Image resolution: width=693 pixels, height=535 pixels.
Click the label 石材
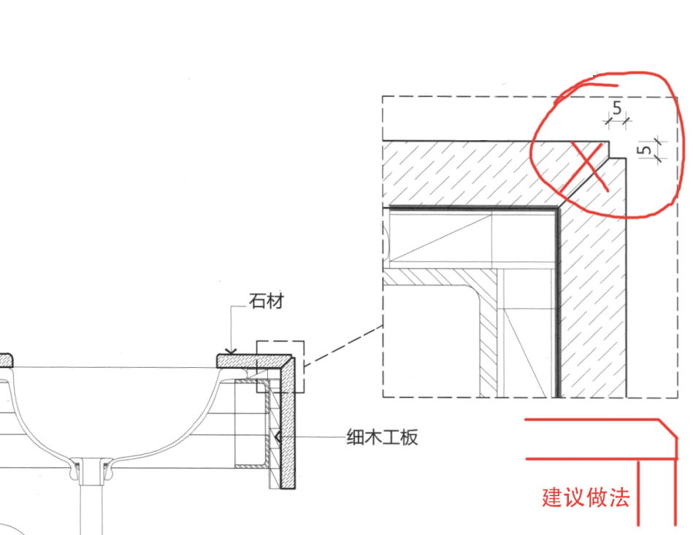(x=266, y=301)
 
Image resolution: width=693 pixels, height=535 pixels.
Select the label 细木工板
(x=381, y=437)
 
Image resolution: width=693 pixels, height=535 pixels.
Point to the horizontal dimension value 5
(x=617, y=109)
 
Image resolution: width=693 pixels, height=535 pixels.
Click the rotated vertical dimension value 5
(x=643, y=150)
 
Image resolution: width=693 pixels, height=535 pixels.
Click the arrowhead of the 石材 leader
(x=231, y=352)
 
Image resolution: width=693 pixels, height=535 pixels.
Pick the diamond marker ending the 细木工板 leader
(x=277, y=437)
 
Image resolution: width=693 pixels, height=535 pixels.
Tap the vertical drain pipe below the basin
(x=90, y=504)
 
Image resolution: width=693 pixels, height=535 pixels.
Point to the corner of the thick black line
(x=557, y=209)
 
